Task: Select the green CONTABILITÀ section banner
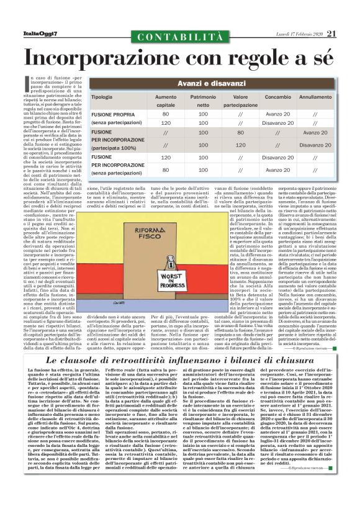point(179,38)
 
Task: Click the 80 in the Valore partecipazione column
point(240,132)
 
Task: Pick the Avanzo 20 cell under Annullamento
point(315,132)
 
